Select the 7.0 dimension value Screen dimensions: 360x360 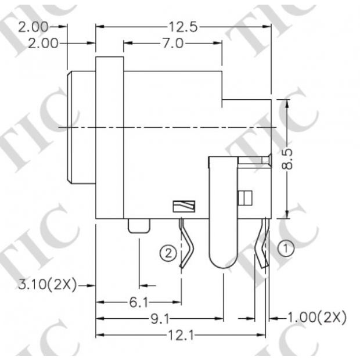point(172,44)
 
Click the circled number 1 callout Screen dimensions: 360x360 point(285,248)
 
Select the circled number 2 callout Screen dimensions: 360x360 point(168,253)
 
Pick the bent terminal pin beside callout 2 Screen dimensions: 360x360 point(186,244)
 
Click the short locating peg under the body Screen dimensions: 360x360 point(139,226)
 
